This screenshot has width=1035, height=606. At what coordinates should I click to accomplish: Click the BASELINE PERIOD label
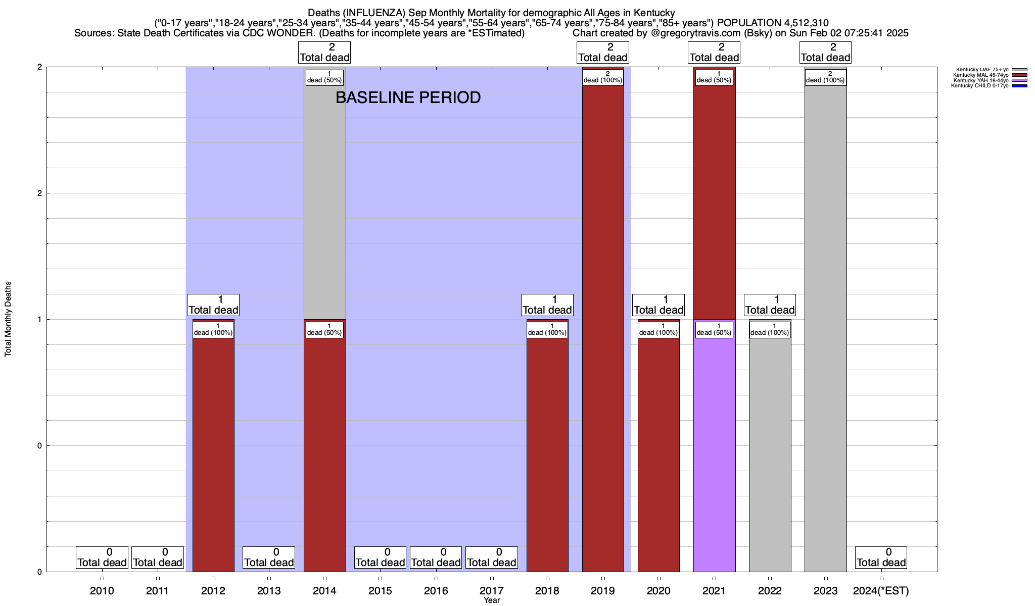[x=408, y=97]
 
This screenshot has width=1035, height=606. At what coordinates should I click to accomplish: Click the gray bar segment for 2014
[x=324, y=202]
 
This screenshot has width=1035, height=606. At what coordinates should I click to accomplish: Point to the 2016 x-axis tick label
[x=436, y=590]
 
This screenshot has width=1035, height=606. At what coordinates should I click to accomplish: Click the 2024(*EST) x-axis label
[x=881, y=590]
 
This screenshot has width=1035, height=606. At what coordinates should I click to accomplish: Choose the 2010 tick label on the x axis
[x=102, y=590]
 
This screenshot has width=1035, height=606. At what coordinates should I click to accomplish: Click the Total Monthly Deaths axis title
[x=8, y=319]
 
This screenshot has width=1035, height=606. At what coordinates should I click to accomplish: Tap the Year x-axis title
[x=491, y=600]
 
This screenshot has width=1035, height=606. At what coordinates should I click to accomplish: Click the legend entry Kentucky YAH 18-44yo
[x=981, y=80]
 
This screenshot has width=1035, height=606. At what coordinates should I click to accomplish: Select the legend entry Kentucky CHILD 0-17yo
[x=979, y=86]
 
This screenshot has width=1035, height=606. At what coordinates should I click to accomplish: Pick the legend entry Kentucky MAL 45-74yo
[x=981, y=75]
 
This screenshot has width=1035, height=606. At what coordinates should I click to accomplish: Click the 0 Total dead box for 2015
[x=380, y=558]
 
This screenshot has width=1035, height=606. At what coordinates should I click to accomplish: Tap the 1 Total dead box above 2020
[x=658, y=305]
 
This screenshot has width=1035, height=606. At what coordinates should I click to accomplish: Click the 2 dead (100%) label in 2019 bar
[x=603, y=77]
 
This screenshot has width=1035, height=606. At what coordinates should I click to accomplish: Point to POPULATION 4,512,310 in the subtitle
[x=773, y=23]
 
